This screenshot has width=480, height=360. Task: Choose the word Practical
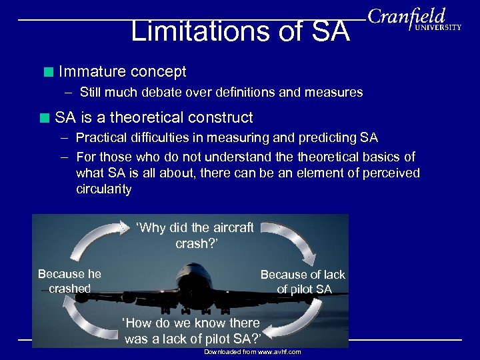click(x=105, y=138)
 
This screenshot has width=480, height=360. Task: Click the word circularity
click(x=104, y=189)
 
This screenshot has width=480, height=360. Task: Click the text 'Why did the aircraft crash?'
click(x=195, y=235)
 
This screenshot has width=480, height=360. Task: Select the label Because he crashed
click(x=69, y=281)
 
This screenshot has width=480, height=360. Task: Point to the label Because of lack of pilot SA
click(x=303, y=281)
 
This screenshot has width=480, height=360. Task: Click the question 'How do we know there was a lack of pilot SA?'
click(x=191, y=331)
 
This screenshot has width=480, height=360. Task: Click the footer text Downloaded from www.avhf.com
click(x=252, y=351)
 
